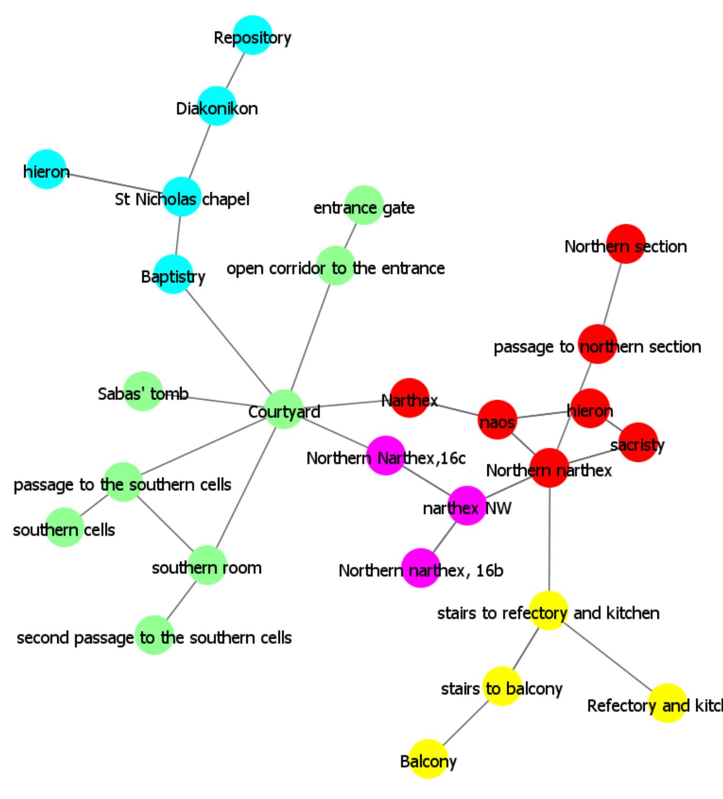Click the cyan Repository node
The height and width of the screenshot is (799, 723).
253,35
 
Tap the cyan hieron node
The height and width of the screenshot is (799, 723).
46,169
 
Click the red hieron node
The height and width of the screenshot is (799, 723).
590,408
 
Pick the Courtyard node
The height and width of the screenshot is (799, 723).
284,409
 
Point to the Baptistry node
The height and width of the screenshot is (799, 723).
173,274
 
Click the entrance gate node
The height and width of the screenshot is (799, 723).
364,205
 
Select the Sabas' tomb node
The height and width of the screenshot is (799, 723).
143,391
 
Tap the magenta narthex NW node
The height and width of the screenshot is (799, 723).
467,506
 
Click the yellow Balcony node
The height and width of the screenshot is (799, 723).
428,759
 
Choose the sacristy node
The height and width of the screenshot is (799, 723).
638,443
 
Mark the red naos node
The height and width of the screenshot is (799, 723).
497,419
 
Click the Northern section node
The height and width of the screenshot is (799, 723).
625,244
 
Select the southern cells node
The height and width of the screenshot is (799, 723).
64,527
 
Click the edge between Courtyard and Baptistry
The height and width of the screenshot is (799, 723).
228,342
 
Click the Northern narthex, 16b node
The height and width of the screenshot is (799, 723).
421,568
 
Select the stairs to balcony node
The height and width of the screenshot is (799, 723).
501,686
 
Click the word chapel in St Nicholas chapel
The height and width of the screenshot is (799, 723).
226,199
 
